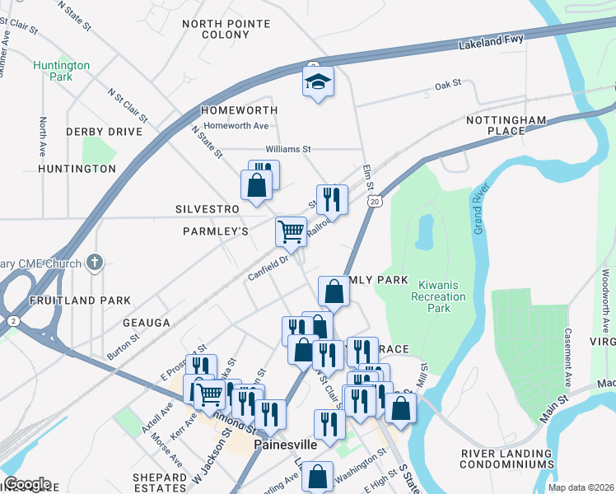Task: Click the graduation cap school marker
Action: [x=317, y=82]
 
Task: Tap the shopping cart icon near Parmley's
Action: [x=291, y=231]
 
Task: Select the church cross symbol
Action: [x=96, y=263]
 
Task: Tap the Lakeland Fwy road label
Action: [x=491, y=47]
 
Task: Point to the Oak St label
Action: [x=448, y=84]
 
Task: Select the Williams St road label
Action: [x=288, y=149]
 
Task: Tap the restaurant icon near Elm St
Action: [x=332, y=199]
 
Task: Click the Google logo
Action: [x=27, y=484]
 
